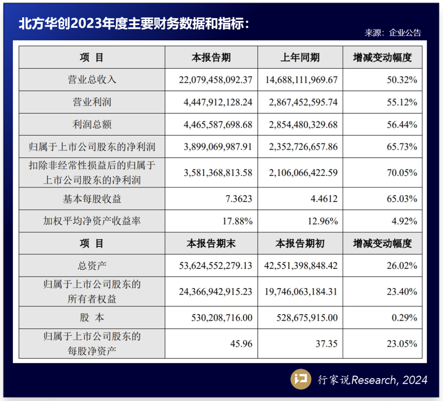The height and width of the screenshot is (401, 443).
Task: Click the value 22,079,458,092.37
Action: (215, 80)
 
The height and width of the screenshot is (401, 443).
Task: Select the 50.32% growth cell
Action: (402, 80)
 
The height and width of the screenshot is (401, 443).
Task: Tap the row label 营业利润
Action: (92, 102)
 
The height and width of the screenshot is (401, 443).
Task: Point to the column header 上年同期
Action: (300, 58)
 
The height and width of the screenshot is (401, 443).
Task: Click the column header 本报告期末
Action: (211, 244)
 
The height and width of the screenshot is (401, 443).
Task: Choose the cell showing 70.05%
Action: (402, 173)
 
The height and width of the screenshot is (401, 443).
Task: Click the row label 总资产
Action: (92, 266)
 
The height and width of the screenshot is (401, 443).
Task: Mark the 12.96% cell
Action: (323, 221)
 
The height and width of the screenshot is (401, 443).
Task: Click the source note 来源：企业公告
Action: (393, 33)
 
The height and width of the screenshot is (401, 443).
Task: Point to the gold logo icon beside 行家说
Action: (301, 379)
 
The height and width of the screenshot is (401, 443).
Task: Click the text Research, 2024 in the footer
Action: (389, 380)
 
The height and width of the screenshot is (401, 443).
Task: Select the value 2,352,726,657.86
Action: (304, 147)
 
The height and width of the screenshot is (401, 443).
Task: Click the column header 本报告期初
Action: (300, 244)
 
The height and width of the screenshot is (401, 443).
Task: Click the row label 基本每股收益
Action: (92, 199)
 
